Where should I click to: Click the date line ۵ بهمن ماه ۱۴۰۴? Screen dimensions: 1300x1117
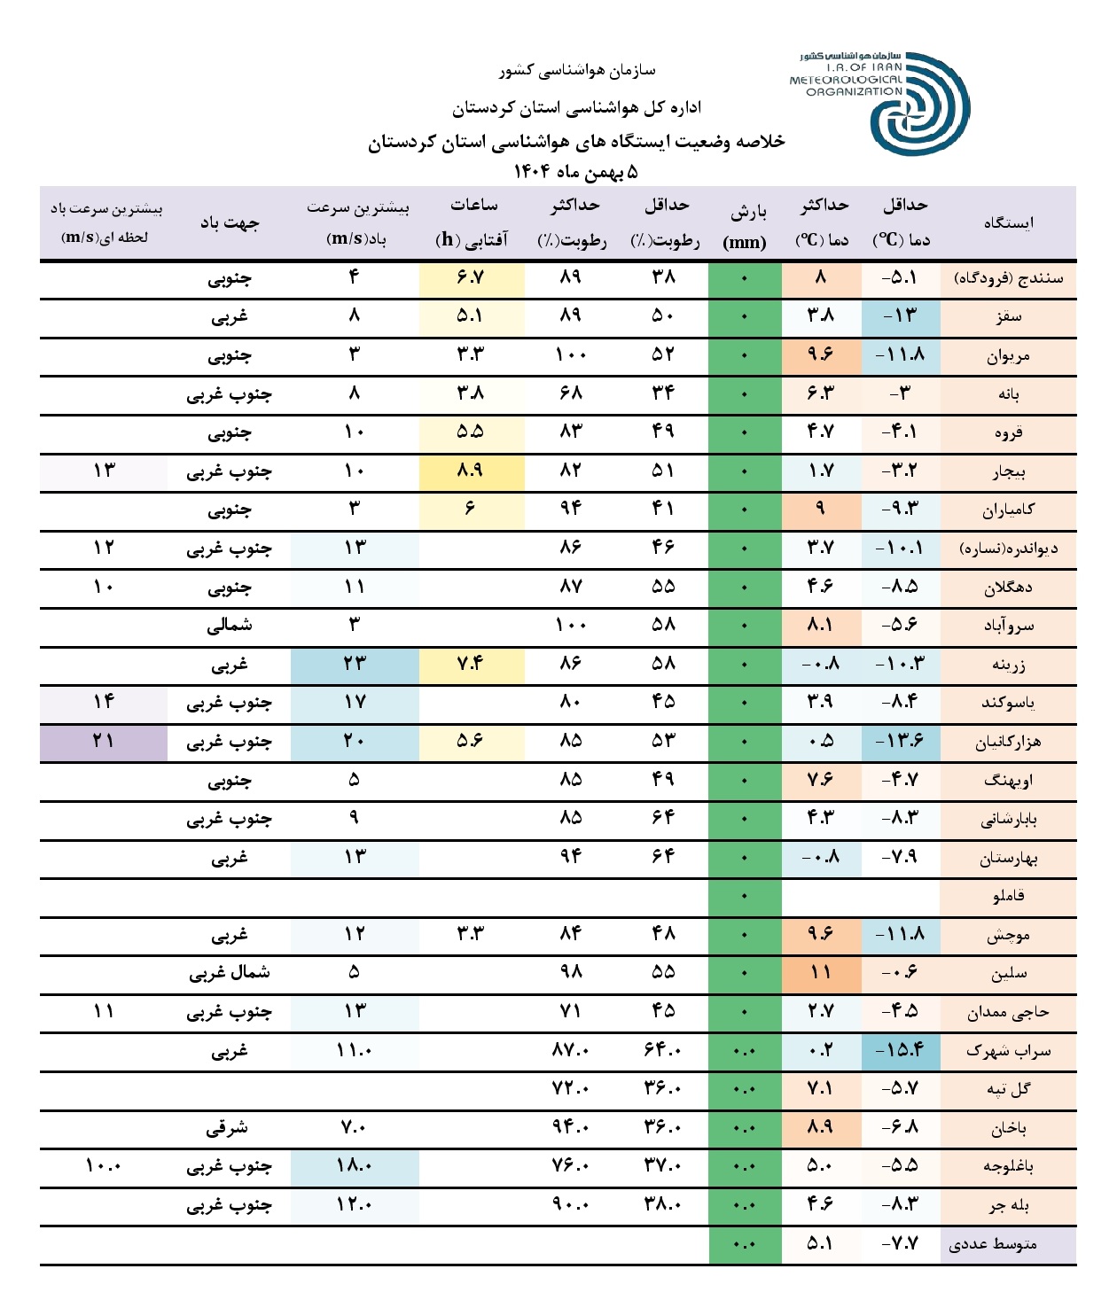[575, 171]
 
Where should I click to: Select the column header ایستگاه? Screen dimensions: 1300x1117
[1008, 223]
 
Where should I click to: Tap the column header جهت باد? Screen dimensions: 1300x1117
[230, 223]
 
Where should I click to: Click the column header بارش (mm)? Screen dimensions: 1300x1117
[745, 226]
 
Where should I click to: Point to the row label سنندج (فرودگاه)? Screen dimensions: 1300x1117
[1008, 278]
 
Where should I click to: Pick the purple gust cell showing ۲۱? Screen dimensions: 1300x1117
[104, 741]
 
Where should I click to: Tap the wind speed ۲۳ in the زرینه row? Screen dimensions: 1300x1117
[354, 664]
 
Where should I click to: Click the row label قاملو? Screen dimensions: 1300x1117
[1008, 896]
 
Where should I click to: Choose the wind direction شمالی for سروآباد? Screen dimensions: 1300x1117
[230, 626]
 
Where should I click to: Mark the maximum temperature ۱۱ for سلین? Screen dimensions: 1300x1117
[821, 973]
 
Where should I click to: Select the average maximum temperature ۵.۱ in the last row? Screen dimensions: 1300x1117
[821, 1244]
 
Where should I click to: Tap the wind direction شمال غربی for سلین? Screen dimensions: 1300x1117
[230, 973]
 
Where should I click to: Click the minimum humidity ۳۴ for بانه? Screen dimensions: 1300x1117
[663, 393]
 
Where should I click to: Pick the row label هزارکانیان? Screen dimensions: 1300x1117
[1008, 742]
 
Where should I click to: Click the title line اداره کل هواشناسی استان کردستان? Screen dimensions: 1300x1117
[576, 108]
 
